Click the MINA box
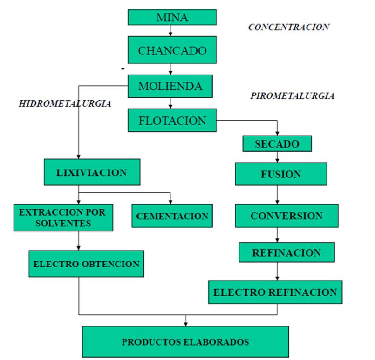click(172, 18)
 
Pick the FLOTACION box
click(172, 121)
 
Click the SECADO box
click(277, 144)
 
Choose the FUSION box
click(278, 174)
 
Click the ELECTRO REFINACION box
click(275, 292)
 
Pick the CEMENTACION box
click(172, 216)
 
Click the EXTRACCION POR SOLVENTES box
click(62, 217)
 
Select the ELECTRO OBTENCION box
click(86, 264)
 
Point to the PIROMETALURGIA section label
click(292, 96)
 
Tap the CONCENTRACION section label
click(289, 27)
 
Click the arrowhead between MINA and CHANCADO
click(172, 34)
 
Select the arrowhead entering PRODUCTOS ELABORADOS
click(185, 323)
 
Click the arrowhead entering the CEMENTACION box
click(170, 202)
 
